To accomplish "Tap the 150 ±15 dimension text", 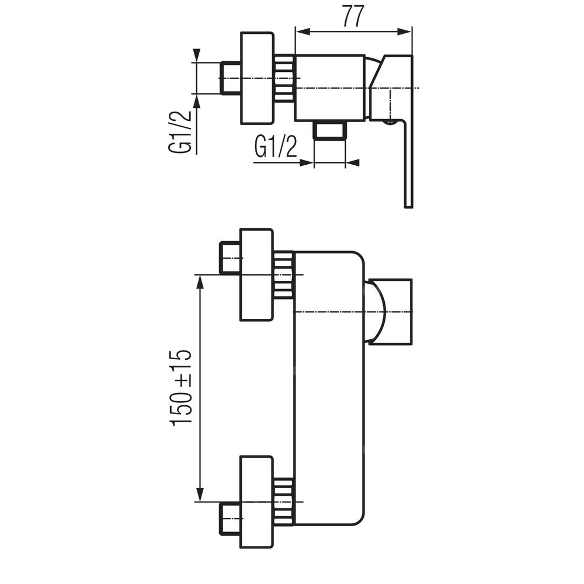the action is pos(181,388).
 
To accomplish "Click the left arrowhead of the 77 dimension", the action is pos(303,32).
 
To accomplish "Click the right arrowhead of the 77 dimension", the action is pos(405,32).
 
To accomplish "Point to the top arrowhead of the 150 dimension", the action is pos(200,282).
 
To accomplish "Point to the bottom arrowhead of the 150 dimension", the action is pos(200,494).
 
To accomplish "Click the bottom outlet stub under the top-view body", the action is pos(330,130).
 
